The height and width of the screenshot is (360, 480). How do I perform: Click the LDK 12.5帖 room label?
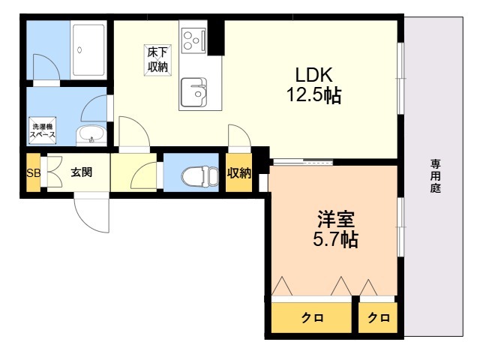[313, 85]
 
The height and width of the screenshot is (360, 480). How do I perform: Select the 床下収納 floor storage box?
[157, 60]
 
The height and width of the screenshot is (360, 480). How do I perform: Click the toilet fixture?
[196, 175]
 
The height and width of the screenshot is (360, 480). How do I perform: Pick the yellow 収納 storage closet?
[239, 173]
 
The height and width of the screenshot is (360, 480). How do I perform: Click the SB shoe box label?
[33, 173]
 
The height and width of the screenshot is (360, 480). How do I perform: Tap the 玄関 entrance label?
[81, 172]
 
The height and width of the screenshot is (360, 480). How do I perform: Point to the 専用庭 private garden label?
[435, 176]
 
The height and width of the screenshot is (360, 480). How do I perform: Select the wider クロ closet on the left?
[312, 317]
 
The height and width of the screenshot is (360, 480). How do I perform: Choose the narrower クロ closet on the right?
[378, 317]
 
